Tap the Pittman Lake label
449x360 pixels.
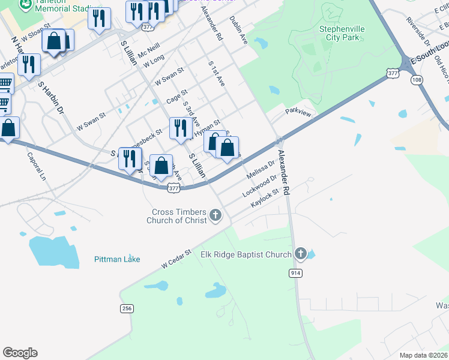pyautogui.click(x=117, y=259)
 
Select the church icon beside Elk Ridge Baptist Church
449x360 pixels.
pyautogui.click(x=301, y=254)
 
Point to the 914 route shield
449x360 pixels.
pyautogui.click(x=295, y=273)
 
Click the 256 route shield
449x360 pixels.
pyautogui.click(x=126, y=308)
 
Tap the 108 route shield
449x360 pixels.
pyautogui.click(x=417, y=80)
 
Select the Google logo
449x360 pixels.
pyautogui.click(x=20, y=353)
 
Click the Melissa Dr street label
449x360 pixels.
pyautogui.click(x=261, y=170)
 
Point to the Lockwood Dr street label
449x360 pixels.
pyautogui.click(x=259, y=186)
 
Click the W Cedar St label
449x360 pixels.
pyautogui.click(x=175, y=259)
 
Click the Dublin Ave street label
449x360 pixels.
pyautogui.click(x=238, y=30)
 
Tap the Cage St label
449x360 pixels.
pyautogui.click(x=176, y=95)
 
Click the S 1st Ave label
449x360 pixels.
pyautogui.click(x=216, y=73)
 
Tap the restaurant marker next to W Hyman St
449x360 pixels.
pyautogui.click(x=180, y=127)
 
